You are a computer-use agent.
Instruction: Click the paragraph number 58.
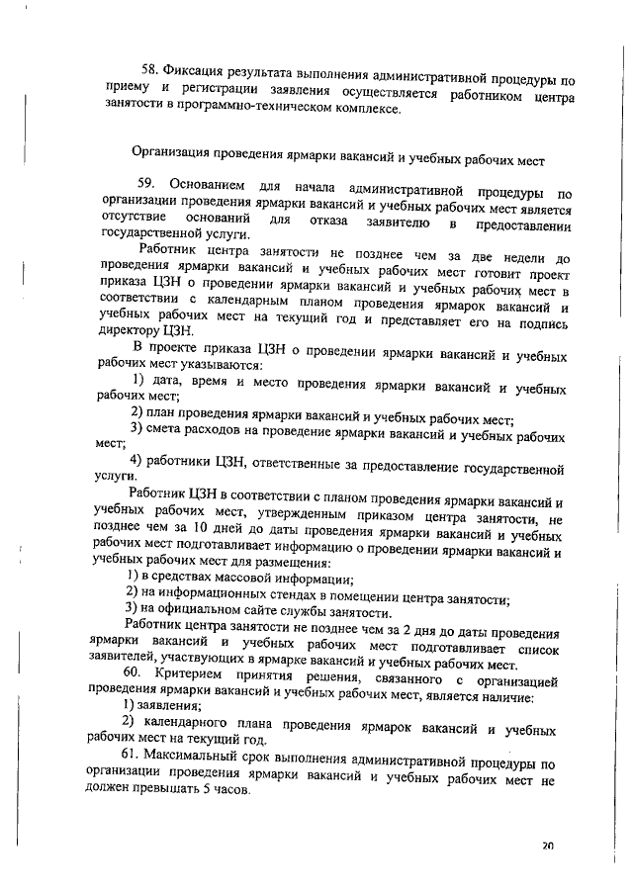click(x=150, y=70)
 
